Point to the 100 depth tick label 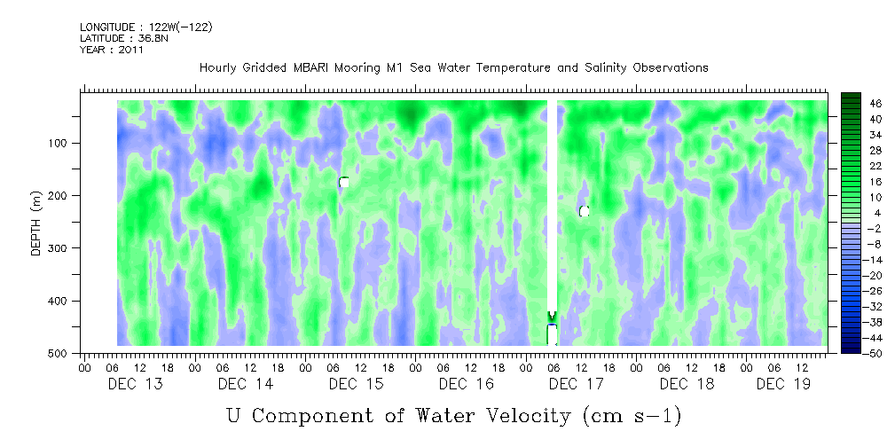69,143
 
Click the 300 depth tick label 69,248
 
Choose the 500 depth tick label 69,354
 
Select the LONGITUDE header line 145,27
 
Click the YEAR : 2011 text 112,50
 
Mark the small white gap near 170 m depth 343,182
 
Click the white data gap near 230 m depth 584,211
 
